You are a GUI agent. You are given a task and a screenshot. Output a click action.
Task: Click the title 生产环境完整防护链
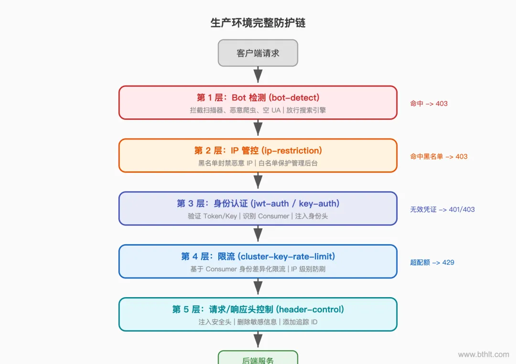[x=258, y=23]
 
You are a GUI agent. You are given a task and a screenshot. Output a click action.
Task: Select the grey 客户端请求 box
[x=258, y=53]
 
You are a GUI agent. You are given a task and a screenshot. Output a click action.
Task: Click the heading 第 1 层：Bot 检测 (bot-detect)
[x=258, y=97]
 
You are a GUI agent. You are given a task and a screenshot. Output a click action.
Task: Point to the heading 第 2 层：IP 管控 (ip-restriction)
[x=258, y=150]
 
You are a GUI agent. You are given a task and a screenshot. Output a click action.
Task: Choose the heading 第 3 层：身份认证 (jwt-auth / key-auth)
[x=258, y=203]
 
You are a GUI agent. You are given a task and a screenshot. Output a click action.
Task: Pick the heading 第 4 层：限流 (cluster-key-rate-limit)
[x=258, y=257]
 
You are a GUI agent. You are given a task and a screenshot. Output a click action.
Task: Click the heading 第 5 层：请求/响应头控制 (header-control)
[x=258, y=310]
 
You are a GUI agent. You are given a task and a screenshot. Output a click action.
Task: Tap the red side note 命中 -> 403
[x=429, y=103]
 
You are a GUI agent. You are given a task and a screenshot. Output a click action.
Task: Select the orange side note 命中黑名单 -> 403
[x=439, y=156]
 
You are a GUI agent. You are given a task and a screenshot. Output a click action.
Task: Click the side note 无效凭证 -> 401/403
[x=442, y=209]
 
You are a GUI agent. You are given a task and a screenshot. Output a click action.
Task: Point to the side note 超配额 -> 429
[x=432, y=262]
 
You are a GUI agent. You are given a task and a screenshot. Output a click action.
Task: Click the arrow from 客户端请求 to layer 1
[x=258, y=75]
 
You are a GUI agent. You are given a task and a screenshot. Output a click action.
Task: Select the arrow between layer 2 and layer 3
[x=258, y=182]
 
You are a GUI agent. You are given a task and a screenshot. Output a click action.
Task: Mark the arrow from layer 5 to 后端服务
[x=258, y=340]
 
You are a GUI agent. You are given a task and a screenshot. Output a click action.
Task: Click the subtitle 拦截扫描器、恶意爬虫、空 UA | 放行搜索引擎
[x=258, y=110]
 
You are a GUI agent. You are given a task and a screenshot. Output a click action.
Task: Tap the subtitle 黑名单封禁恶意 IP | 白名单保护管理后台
[x=258, y=163]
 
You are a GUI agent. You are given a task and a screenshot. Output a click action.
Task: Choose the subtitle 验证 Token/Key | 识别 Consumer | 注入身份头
[x=258, y=216]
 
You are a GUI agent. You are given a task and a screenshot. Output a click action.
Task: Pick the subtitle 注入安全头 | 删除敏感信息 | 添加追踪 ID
[x=258, y=322]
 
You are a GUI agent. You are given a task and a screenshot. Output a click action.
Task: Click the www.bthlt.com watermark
[x=484, y=354]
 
